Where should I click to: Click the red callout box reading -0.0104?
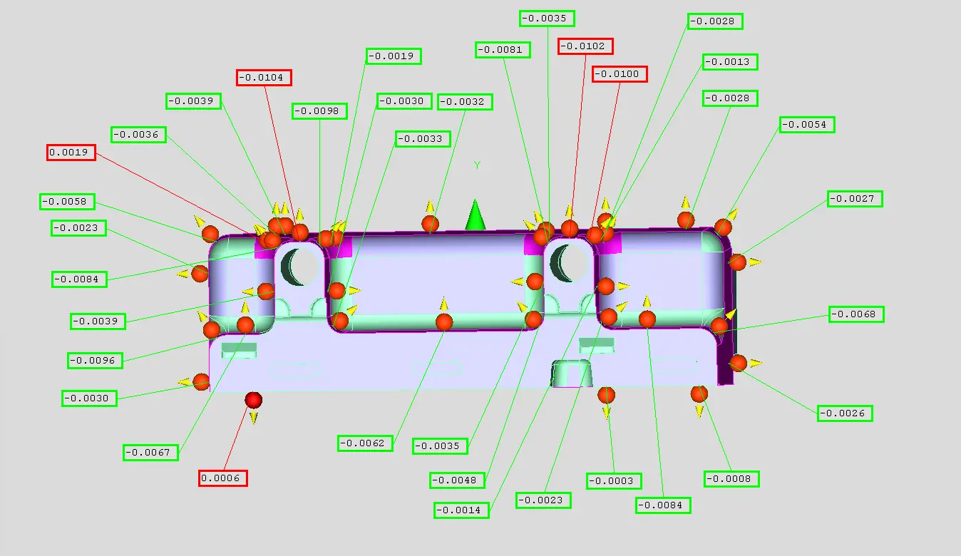(x=264, y=78)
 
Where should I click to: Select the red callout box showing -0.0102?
(x=585, y=46)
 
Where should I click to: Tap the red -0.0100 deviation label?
(x=620, y=74)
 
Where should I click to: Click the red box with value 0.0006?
(x=222, y=478)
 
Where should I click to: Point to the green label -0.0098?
(x=319, y=111)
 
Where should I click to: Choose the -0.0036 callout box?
(x=138, y=135)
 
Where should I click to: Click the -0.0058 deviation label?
(x=67, y=202)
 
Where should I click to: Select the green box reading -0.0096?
(x=95, y=361)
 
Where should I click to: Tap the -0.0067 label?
(x=150, y=453)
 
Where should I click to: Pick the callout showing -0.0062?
(x=365, y=443)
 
